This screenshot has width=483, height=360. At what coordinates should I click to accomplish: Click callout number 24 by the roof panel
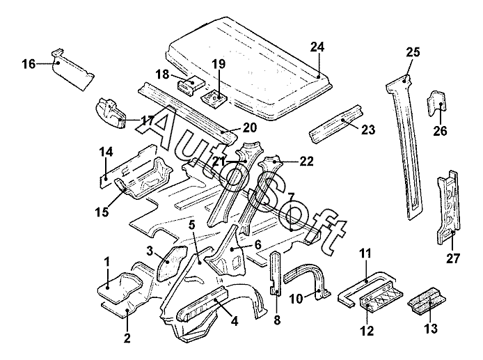317,47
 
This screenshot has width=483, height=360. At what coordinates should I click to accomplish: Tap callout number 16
29,64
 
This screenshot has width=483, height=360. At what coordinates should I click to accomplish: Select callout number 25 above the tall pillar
413,52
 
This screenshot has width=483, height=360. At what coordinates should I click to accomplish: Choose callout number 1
107,261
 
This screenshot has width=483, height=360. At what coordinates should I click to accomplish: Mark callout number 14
106,151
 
